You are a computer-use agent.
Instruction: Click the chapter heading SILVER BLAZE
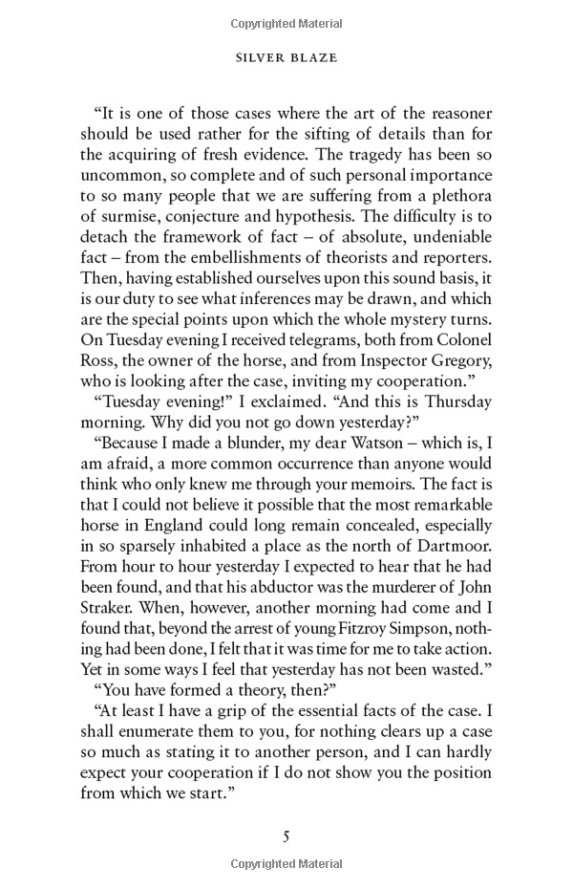[x=286, y=58]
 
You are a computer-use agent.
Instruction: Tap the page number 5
[x=286, y=836]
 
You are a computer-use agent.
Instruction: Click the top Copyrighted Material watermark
[x=286, y=20]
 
